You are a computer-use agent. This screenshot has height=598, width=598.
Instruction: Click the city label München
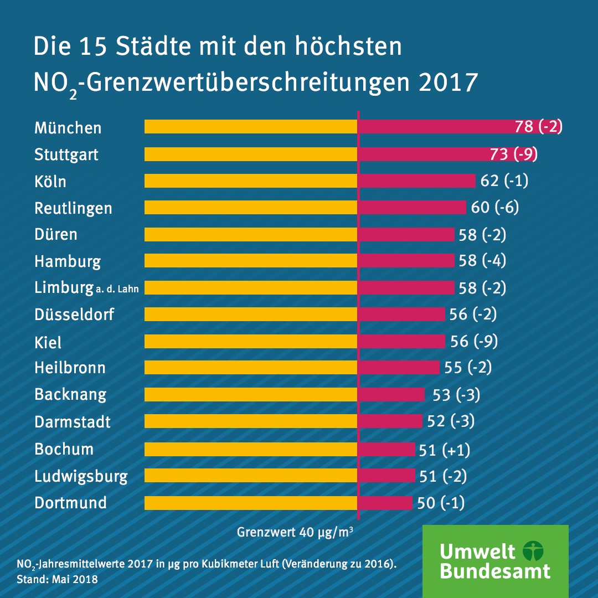[x=68, y=128]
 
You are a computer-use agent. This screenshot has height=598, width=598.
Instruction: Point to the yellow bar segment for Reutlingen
[x=250, y=208]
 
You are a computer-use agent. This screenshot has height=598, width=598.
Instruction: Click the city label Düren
[x=56, y=234]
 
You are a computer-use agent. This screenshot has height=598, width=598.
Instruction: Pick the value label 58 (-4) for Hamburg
[x=482, y=261]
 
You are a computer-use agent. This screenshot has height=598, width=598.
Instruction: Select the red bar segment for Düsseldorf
[x=401, y=315]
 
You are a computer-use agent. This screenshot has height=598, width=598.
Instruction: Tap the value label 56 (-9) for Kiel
[x=474, y=341]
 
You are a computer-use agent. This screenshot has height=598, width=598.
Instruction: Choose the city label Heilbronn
[x=70, y=368]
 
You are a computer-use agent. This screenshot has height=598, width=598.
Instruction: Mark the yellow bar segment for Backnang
[x=250, y=394]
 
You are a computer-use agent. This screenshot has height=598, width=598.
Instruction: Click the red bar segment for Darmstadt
[x=390, y=421]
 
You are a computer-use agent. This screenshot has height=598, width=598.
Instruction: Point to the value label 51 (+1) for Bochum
[x=445, y=450]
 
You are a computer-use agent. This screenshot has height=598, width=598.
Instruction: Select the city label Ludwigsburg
[x=81, y=476]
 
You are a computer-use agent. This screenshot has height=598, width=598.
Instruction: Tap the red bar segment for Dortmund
[x=385, y=503]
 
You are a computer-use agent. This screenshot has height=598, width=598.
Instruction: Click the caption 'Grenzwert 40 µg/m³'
[x=296, y=533]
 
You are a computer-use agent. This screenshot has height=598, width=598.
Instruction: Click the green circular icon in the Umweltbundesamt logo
[x=533, y=551]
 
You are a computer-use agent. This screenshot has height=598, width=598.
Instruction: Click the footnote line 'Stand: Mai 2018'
[x=57, y=580]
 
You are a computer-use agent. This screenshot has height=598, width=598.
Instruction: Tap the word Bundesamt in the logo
[x=495, y=570]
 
